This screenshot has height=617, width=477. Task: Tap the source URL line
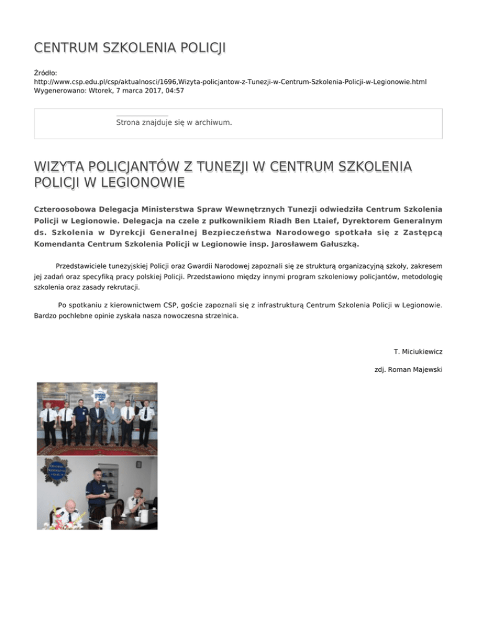click(x=230, y=81)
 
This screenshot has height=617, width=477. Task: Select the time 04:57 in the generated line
click(x=173, y=91)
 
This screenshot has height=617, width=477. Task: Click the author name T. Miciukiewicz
click(x=418, y=351)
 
